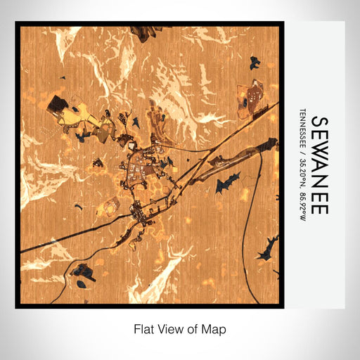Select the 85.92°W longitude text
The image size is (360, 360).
(x=303, y=201)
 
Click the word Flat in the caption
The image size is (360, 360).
(x=144, y=328)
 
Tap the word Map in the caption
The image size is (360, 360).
(x=215, y=328)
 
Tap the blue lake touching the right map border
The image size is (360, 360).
(x=269, y=247)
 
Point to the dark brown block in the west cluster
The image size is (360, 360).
(x=56, y=104)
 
